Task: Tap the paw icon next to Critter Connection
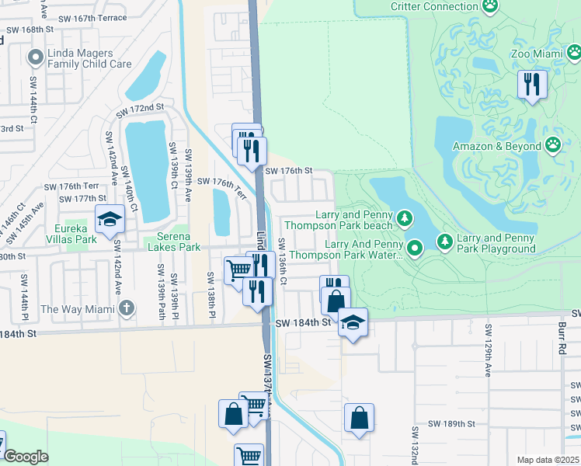pyautogui.click(x=489, y=7)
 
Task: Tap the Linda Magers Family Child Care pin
pyautogui.click(x=34, y=57)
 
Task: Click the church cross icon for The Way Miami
pyautogui.click(x=127, y=308)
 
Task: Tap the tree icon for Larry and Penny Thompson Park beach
pyautogui.click(x=404, y=220)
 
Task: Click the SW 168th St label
pyautogui.click(x=33, y=30)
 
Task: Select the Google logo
pyautogui.click(x=26, y=457)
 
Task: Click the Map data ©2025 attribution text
pyautogui.click(x=547, y=460)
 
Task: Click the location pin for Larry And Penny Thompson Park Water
pyautogui.click(x=416, y=249)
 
